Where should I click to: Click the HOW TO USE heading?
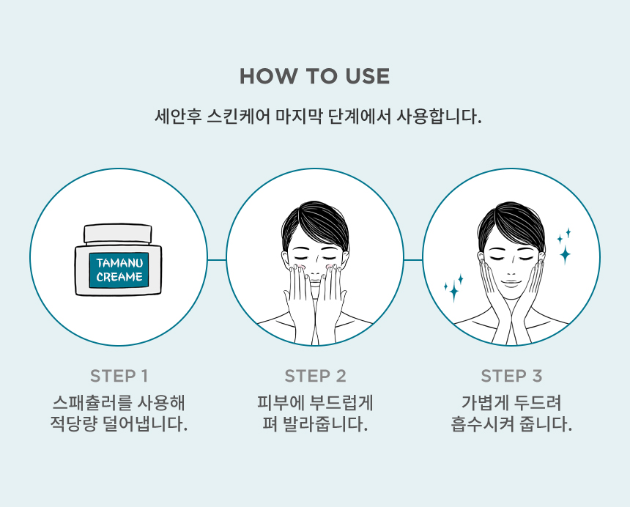pos(314,76)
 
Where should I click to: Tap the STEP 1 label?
pos(119,376)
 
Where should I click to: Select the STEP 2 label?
pos(315,376)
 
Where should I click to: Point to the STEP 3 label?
pos(511,376)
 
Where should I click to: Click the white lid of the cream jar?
pos(118,234)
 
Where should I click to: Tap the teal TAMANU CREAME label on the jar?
pos(119,270)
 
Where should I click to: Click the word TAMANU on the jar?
pos(119,263)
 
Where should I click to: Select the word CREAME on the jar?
pos(119,277)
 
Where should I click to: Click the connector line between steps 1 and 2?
pos(217,260)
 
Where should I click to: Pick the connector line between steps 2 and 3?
pos(413,260)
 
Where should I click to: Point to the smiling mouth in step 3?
pos(511,282)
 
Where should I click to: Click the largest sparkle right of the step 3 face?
pos(565,254)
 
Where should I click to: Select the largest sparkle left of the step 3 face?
pos(454,292)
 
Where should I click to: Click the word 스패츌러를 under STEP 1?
pos(92,402)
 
